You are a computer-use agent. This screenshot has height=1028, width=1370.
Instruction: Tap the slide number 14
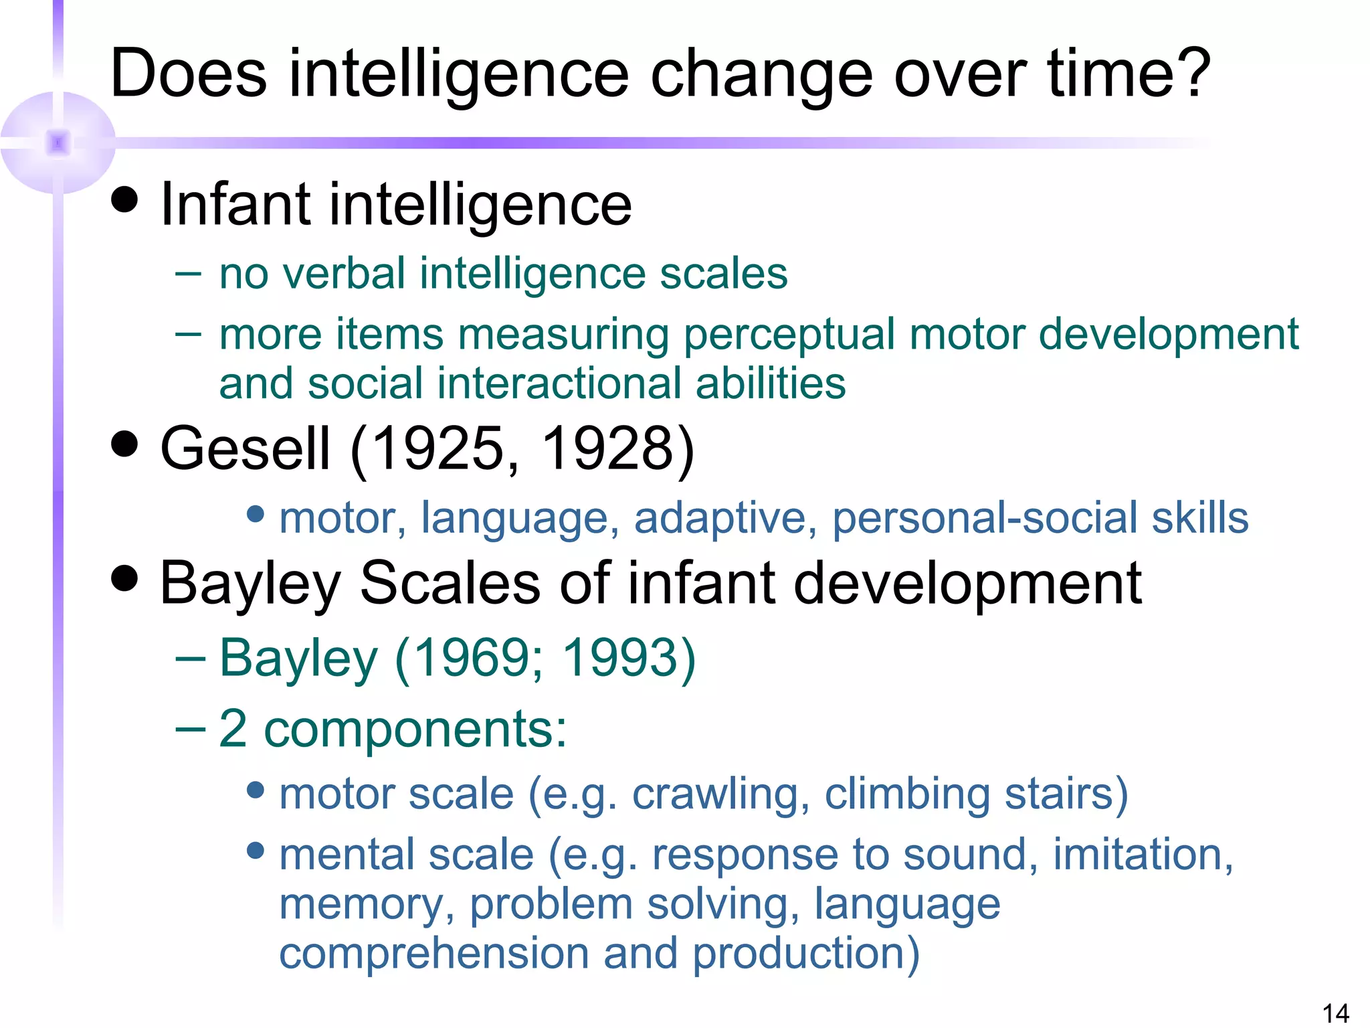[x=1335, y=1013]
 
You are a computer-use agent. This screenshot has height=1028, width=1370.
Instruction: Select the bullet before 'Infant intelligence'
[x=124, y=199]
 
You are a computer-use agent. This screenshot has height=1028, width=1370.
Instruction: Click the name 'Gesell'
[x=245, y=448]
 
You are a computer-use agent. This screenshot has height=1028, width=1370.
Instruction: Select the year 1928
[x=606, y=448]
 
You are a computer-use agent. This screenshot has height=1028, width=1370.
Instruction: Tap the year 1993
[x=619, y=658]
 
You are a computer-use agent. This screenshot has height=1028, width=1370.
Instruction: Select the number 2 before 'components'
[x=233, y=728]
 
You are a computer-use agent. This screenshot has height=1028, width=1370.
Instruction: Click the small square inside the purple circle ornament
[x=58, y=143]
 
